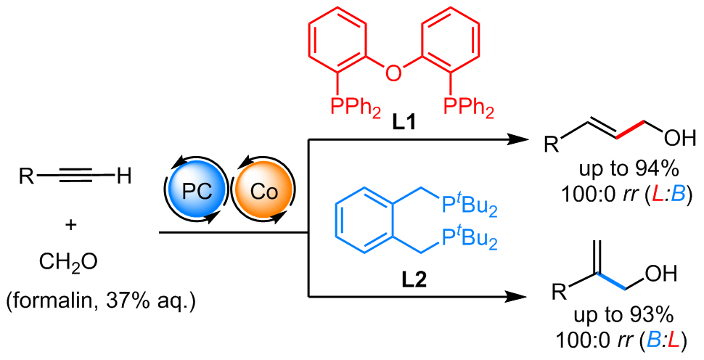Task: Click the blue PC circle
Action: point(196,192)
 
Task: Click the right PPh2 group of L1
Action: point(468,107)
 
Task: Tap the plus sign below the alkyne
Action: point(70,224)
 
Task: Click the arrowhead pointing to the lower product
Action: point(516,297)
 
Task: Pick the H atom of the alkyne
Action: point(123,176)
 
